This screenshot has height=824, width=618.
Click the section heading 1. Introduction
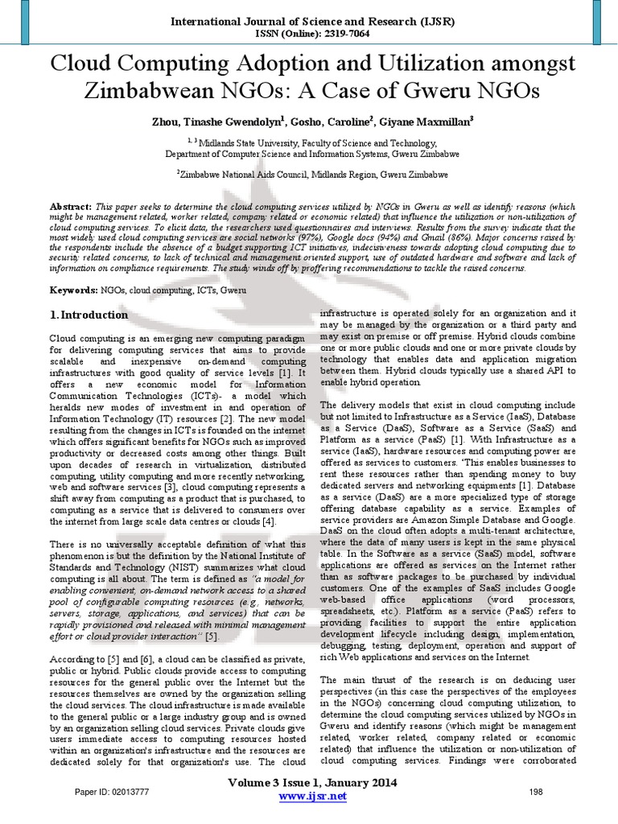click(88, 314)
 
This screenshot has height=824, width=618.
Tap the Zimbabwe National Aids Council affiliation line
click(309, 173)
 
